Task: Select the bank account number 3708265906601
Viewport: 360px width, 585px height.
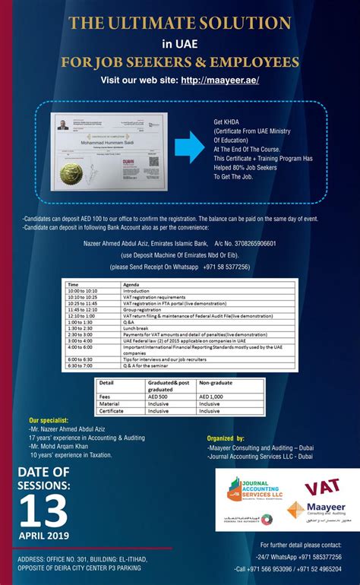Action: pos(245,244)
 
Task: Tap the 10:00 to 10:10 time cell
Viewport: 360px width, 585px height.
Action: pos(82,289)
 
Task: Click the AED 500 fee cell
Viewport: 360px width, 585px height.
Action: pos(159,395)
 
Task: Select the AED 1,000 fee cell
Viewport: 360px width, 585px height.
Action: pos(215,395)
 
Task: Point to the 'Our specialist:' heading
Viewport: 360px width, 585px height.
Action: pos(49,420)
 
